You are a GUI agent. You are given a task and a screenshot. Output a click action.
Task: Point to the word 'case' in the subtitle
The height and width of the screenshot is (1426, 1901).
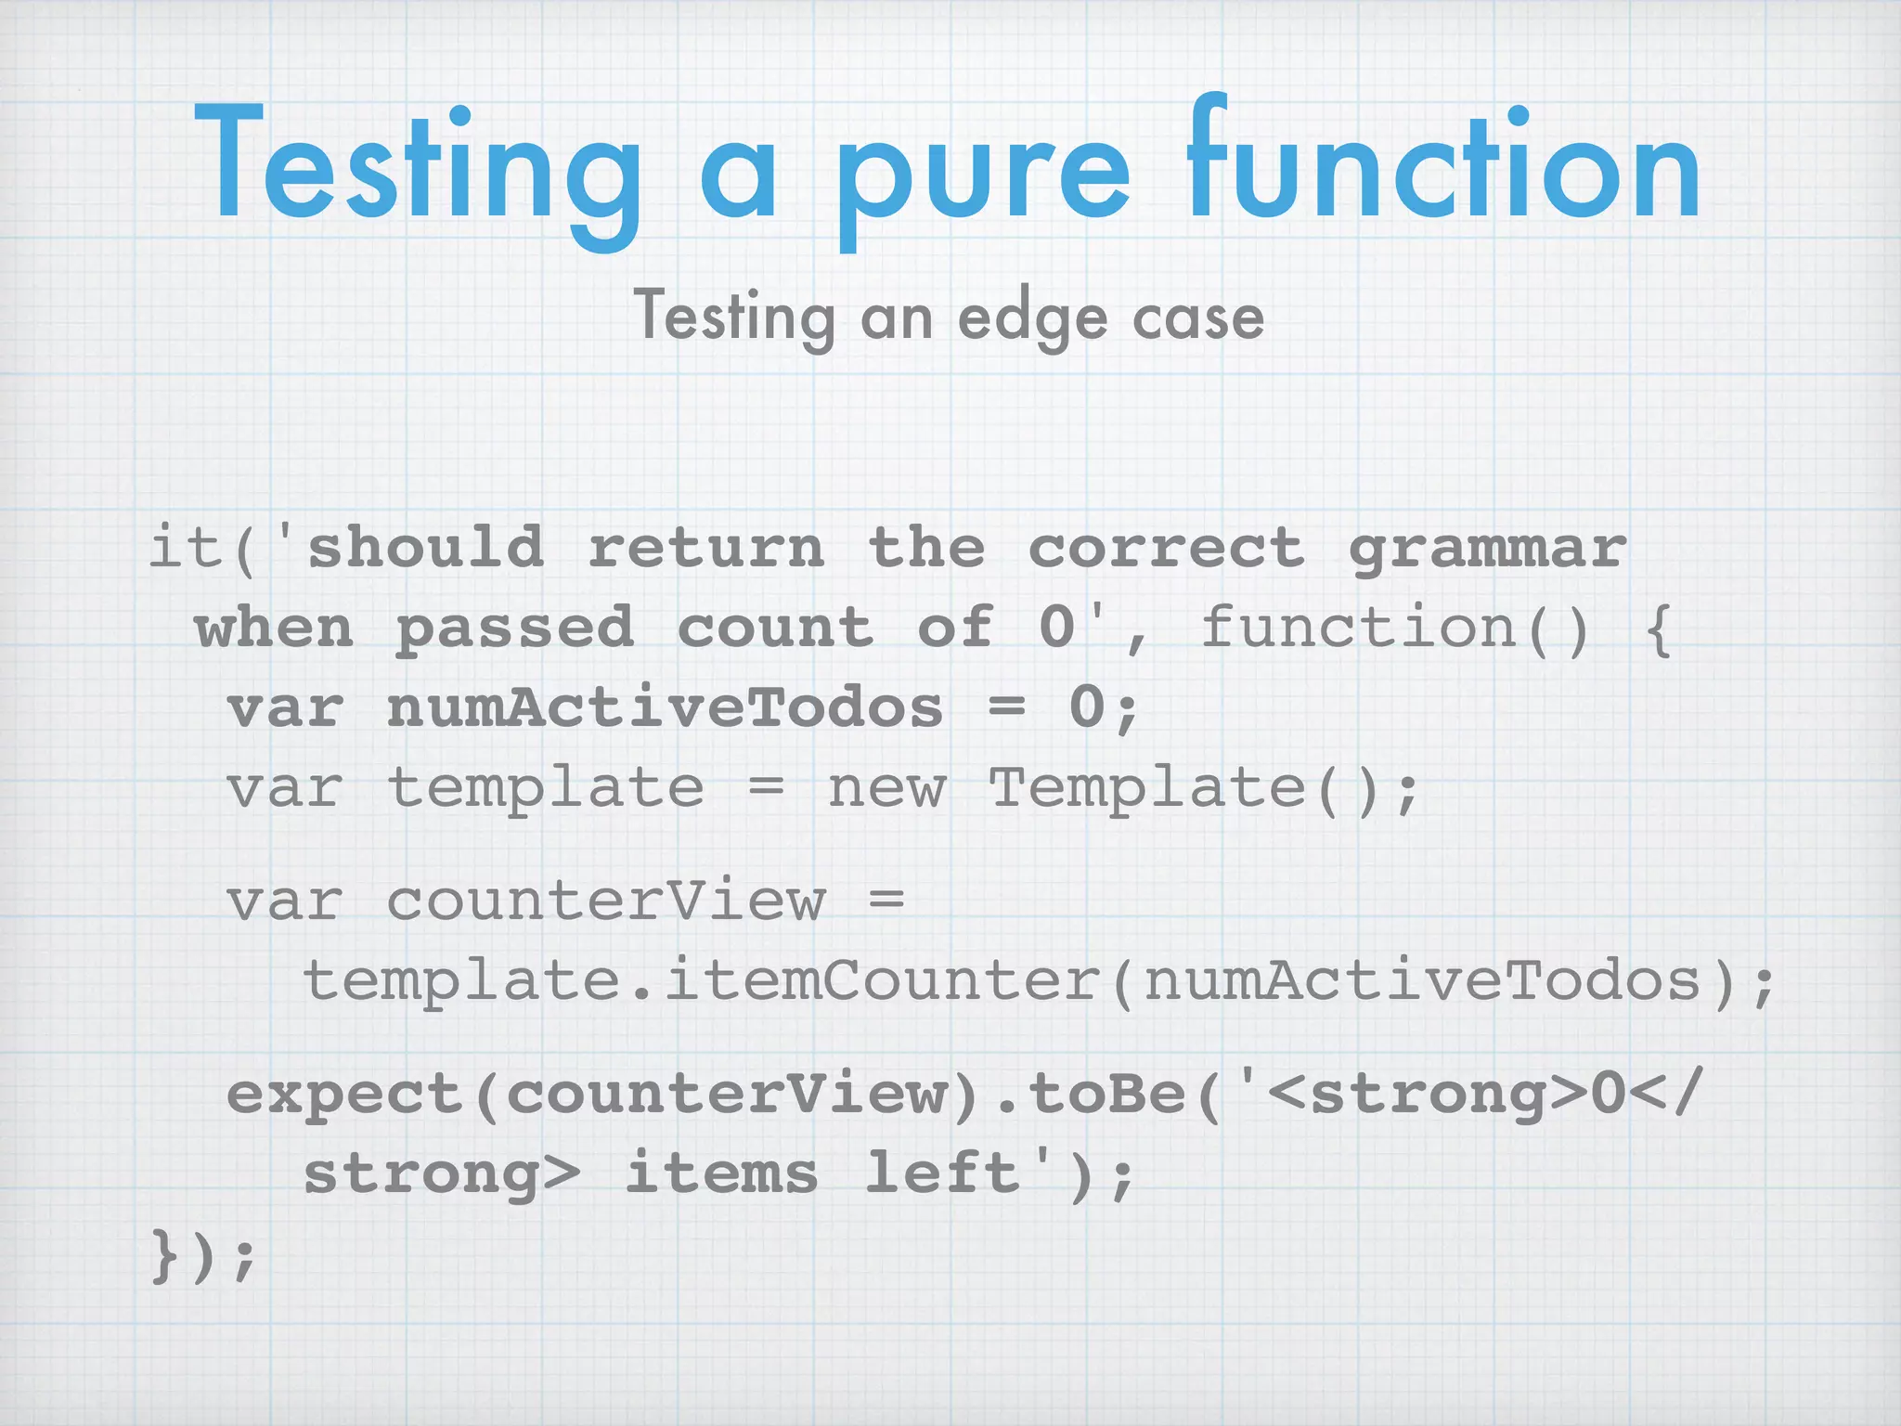pyautogui.click(x=1197, y=318)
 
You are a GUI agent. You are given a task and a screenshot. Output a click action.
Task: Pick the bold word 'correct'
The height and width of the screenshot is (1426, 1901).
pyautogui.click(x=1166, y=548)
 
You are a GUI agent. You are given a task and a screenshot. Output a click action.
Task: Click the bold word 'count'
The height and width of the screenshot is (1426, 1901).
pyautogui.click(x=775, y=629)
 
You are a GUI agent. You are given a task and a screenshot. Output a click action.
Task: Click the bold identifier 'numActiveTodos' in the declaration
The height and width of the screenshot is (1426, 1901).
pyautogui.click(x=665, y=708)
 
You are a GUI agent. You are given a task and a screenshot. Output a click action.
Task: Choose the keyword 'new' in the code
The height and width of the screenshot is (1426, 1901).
pyautogui.click(x=886, y=789)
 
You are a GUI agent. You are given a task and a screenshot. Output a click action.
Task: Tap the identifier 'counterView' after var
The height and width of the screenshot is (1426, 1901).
pyautogui.click(x=605, y=901)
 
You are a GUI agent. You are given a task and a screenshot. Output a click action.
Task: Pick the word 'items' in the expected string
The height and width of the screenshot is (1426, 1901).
pyautogui.click(x=721, y=1173)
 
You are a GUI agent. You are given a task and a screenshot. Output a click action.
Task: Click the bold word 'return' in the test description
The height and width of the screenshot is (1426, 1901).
pyautogui.click(x=706, y=548)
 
